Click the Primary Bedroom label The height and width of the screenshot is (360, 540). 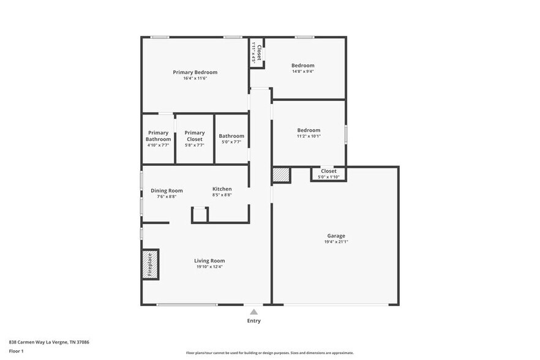point(195,72)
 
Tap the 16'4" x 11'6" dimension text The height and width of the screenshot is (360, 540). point(195,78)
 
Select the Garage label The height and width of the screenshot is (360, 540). point(336,236)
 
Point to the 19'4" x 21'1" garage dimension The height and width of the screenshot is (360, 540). point(336,242)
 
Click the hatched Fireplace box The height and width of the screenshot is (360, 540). point(151,264)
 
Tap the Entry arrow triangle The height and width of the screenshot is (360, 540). point(253,312)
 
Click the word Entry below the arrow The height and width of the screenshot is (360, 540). point(253,321)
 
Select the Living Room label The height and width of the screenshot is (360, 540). point(209,261)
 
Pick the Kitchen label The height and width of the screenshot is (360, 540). point(222,189)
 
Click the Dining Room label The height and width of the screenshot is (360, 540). point(167,190)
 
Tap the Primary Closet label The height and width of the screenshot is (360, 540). point(195,136)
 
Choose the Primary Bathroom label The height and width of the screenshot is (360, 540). point(158,136)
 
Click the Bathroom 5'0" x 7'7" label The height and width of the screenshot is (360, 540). point(231,136)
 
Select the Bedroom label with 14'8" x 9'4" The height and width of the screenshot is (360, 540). point(302,66)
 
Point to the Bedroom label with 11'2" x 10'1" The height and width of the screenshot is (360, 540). point(309,130)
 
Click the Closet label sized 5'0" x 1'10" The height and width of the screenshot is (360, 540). point(328,171)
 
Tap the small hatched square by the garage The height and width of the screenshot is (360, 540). point(281,174)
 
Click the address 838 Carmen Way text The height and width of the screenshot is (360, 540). point(49,342)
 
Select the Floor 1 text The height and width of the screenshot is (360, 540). point(16,351)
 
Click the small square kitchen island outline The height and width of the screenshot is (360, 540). point(200,215)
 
